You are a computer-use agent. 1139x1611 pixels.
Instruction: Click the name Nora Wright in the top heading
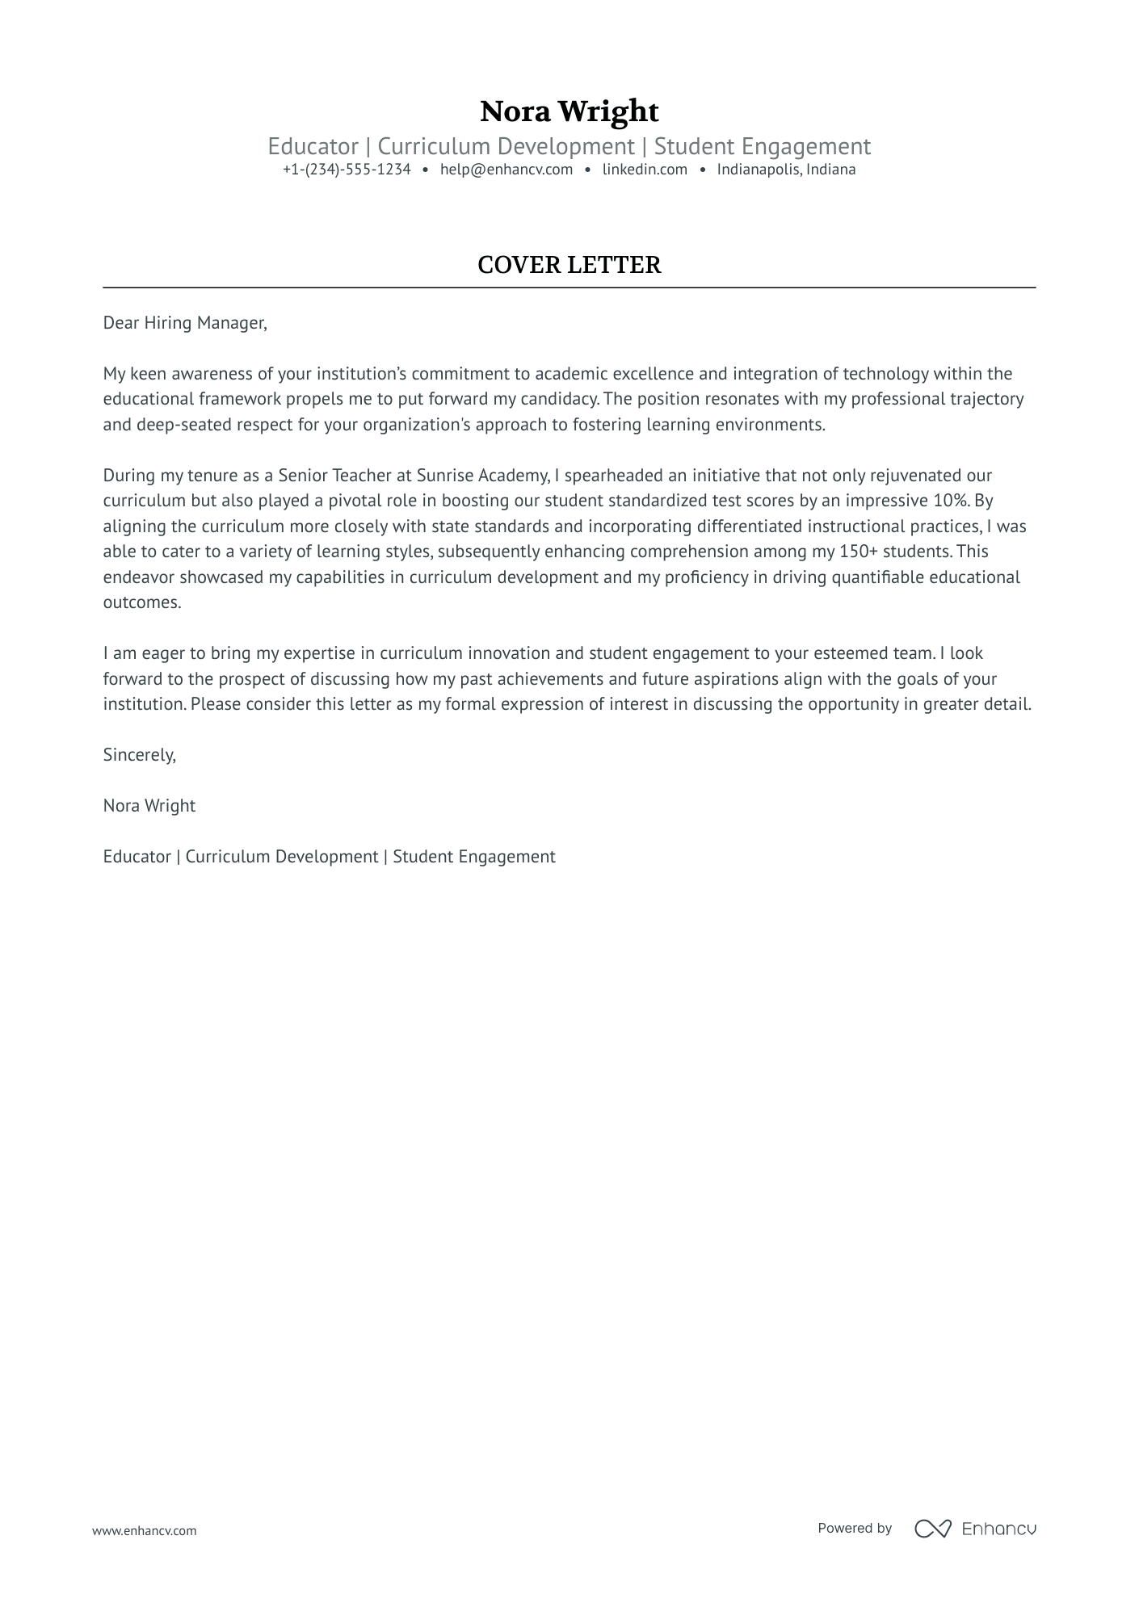pyautogui.click(x=569, y=111)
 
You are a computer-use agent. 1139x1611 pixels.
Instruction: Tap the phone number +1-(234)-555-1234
pyautogui.click(x=347, y=170)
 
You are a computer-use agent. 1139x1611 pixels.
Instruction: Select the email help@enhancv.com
pyautogui.click(x=506, y=170)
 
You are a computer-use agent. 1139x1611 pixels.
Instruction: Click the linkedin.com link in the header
pyautogui.click(x=645, y=170)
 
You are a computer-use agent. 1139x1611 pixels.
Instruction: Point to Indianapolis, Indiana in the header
pyautogui.click(x=786, y=170)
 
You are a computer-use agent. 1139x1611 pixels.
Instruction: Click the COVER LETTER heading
pyautogui.click(x=569, y=265)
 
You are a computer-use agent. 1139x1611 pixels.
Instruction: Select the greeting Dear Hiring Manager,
pyautogui.click(x=184, y=323)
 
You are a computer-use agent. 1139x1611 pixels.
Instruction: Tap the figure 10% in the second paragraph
pyautogui.click(x=950, y=501)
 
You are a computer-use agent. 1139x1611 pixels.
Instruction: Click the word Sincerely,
pyautogui.click(x=139, y=755)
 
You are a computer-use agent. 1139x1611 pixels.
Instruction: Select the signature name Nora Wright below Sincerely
pyautogui.click(x=149, y=806)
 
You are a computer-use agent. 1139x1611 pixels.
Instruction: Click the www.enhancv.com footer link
pyautogui.click(x=144, y=1530)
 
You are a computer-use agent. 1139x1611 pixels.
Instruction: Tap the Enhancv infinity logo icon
pyautogui.click(x=932, y=1529)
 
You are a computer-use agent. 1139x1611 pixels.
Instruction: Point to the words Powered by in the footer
pyautogui.click(x=854, y=1528)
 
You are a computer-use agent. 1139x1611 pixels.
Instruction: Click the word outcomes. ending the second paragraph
pyautogui.click(x=142, y=602)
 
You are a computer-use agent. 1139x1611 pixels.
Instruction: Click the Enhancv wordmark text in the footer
pyautogui.click(x=998, y=1529)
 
